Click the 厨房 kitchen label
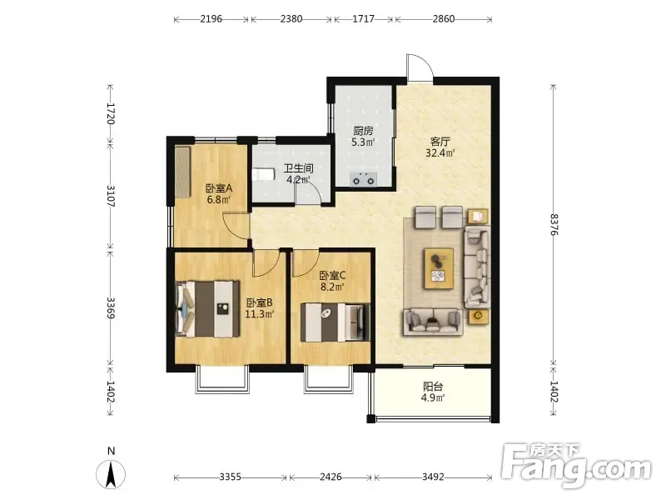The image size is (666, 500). point(363,131)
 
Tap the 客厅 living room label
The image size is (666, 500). point(440,141)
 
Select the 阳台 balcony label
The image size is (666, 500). point(433,387)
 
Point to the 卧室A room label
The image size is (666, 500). point(219,188)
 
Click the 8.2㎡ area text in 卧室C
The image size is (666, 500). point(332,287)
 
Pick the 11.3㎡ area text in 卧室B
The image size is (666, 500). point(259,314)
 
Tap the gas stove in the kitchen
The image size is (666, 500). point(364,180)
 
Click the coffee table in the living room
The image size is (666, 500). point(439,268)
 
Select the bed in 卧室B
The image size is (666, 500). point(207,309)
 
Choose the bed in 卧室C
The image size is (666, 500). point(335,322)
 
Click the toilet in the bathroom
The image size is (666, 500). point(263,174)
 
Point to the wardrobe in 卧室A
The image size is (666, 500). point(182,172)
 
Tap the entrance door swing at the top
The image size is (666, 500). point(420,68)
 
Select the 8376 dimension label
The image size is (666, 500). point(554,224)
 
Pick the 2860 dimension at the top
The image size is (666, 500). point(444,18)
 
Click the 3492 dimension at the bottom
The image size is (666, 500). point(433,477)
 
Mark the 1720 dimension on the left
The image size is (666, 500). point(111,113)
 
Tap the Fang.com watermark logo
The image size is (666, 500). point(576,466)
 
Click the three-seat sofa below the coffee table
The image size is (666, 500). point(433,322)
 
